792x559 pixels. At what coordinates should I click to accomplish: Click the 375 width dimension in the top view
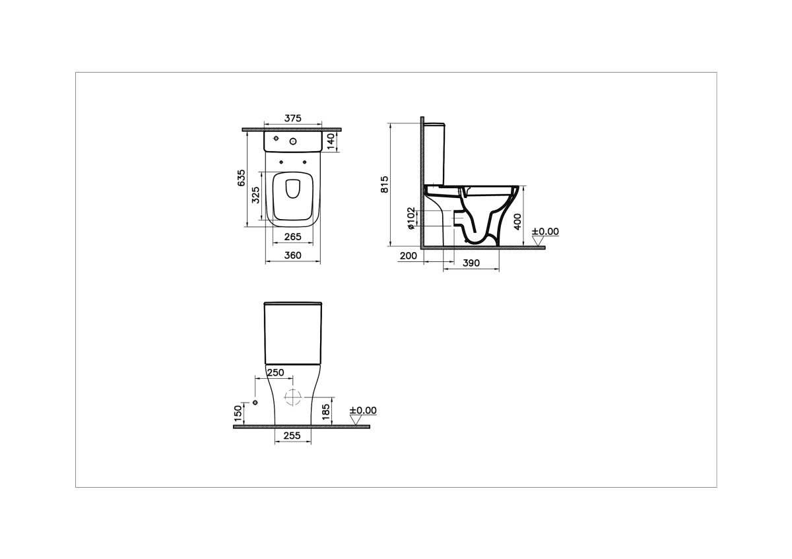(x=292, y=119)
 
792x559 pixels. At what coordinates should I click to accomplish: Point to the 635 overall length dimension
(x=242, y=178)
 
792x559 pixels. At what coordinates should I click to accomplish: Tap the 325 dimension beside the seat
(x=256, y=196)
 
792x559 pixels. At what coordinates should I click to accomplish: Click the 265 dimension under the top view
(x=292, y=237)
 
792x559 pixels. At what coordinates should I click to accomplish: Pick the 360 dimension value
(x=292, y=255)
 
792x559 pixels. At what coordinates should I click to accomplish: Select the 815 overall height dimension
(x=385, y=184)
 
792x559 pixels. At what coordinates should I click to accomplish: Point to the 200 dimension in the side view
(x=409, y=256)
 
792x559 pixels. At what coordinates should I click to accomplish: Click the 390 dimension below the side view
(x=471, y=263)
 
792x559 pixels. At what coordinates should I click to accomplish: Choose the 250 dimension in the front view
(x=275, y=373)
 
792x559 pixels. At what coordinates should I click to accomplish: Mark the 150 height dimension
(x=238, y=413)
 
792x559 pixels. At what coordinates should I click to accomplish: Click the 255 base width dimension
(x=292, y=436)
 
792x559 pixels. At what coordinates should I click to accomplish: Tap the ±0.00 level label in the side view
(x=544, y=232)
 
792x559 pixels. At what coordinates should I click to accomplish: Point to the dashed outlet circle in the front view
(x=292, y=397)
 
